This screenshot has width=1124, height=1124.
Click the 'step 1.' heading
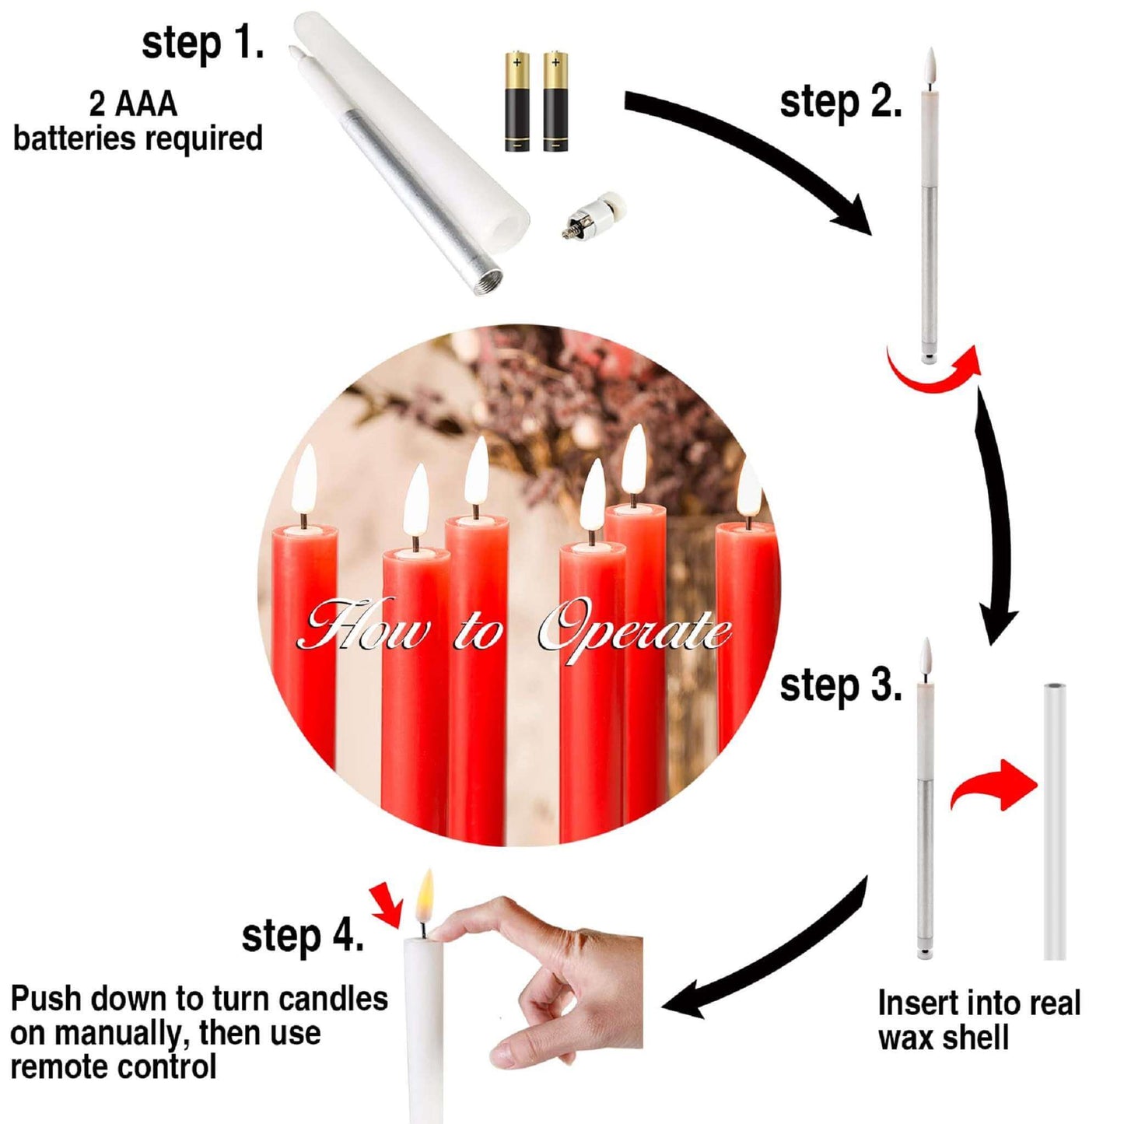click(202, 44)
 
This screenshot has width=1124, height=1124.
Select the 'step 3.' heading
click(841, 686)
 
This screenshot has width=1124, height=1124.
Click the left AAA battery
click(516, 103)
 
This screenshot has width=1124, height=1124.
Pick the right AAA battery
click(555, 103)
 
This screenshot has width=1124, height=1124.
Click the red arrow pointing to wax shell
click(993, 788)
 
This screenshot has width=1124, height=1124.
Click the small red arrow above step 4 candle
click(388, 911)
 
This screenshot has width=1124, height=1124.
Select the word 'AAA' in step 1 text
click(145, 105)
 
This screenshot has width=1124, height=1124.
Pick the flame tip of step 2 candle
click(931, 49)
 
